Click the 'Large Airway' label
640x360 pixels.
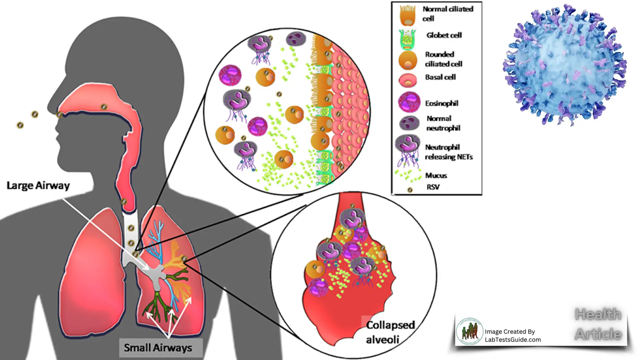(38, 186)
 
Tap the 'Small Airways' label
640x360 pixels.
(158, 348)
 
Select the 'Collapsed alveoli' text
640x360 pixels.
(390, 332)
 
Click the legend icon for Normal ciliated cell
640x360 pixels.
(408, 15)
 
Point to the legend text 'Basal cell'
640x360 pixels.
(440, 77)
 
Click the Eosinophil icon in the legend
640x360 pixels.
(409, 102)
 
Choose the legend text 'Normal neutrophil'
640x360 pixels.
(443, 123)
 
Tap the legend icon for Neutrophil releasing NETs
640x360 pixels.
(408, 150)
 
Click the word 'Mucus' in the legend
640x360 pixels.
(436, 175)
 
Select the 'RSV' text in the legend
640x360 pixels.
(433, 187)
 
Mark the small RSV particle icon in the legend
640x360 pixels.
(410, 190)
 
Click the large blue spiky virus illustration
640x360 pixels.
(565, 65)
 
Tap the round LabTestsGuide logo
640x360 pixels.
(469, 331)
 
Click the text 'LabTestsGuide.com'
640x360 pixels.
(513, 340)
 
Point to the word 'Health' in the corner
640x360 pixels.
(598, 314)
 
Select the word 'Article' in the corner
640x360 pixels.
(598, 334)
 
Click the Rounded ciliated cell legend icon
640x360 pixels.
(408, 60)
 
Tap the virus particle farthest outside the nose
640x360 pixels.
(20, 125)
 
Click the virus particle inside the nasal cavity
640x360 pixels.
(104, 107)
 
